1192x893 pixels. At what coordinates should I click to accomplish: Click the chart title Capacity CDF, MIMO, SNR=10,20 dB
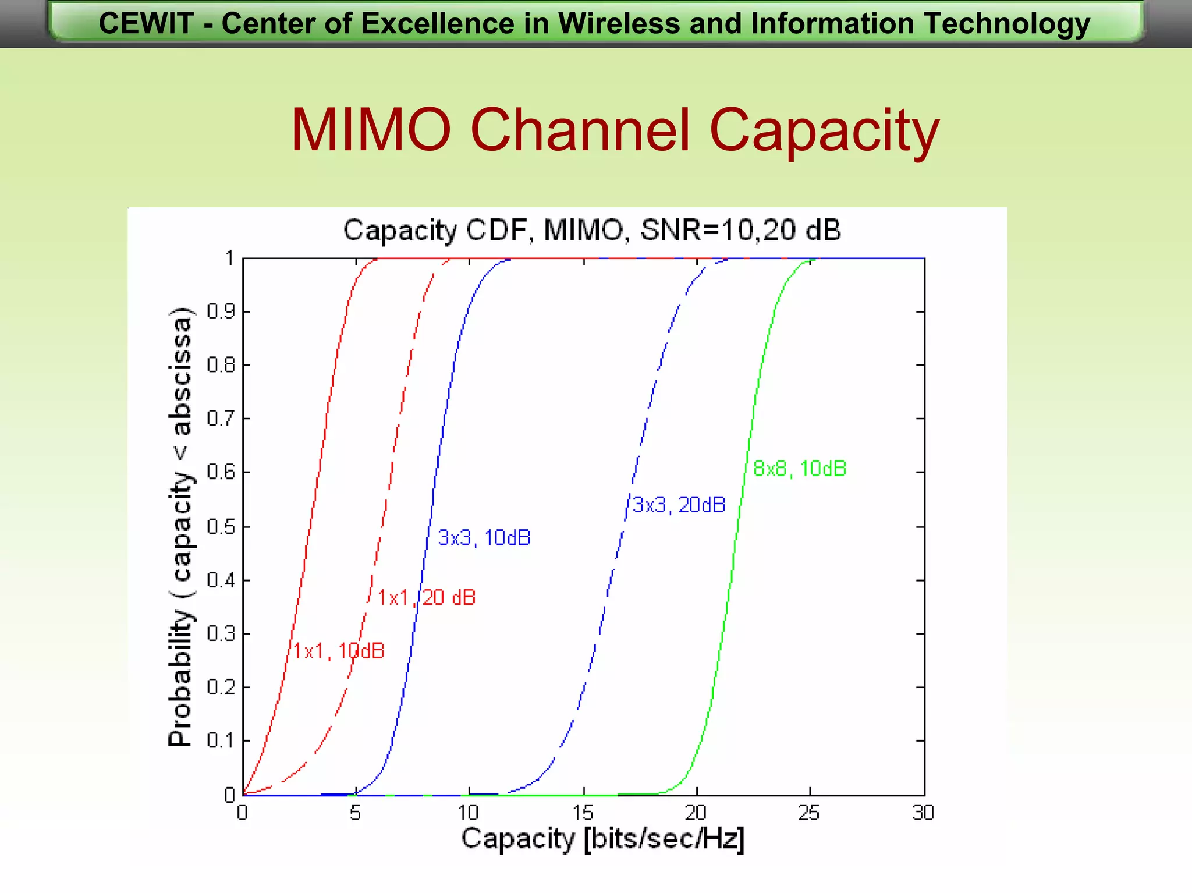point(592,230)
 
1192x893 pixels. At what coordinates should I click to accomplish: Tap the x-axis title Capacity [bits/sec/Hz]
point(603,839)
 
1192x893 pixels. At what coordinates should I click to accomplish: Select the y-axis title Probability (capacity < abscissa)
point(180,526)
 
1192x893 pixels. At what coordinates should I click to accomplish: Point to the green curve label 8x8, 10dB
point(800,469)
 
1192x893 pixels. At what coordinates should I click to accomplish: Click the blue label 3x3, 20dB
point(679,505)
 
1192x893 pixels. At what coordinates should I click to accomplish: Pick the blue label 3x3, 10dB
point(484,538)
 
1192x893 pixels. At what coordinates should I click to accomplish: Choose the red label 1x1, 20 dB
point(427,598)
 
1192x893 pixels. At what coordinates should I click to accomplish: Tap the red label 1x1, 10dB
point(339,651)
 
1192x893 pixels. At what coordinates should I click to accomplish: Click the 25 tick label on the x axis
point(808,813)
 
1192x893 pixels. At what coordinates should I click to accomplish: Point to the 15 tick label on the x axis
point(583,813)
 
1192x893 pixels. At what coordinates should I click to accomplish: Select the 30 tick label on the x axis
point(923,813)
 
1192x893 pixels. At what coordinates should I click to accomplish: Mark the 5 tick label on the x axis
point(355,813)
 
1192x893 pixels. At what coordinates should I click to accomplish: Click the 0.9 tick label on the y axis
point(221,312)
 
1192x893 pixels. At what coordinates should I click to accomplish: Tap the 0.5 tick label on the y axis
point(221,527)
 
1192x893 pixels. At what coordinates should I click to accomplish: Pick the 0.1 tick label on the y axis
point(221,741)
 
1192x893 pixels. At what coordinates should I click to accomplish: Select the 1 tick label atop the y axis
point(230,258)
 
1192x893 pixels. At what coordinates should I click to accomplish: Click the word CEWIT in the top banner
point(146,24)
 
